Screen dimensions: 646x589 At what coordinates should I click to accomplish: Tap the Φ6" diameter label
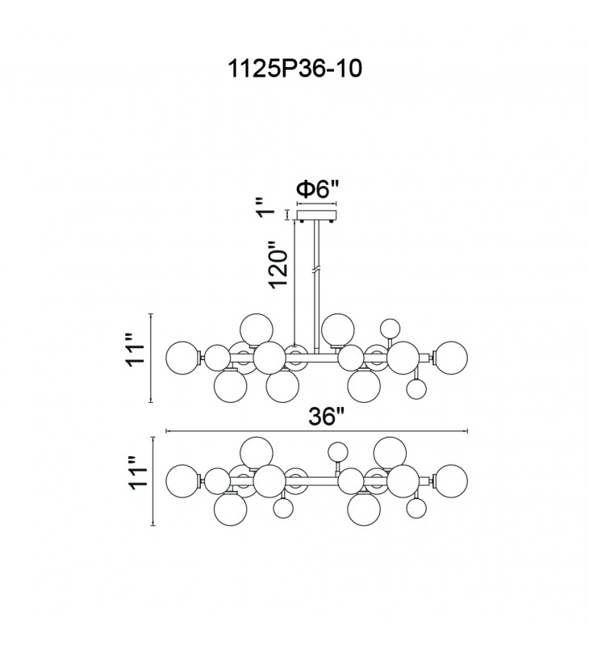(x=317, y=190)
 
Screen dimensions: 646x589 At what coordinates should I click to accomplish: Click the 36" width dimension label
(x=327, y=417)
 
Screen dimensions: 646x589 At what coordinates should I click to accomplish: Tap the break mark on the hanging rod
(x=316, y=266)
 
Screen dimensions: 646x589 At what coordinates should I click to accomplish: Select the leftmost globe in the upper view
(x=182, y=356)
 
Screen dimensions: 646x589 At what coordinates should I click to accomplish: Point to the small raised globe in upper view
(x=391, y=328)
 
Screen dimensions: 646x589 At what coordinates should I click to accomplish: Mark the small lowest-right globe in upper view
(x=416, y=389)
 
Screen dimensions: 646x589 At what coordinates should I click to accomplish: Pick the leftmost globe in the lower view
(x=182, y=481)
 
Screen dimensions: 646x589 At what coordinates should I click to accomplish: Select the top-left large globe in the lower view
(x=257, y=451)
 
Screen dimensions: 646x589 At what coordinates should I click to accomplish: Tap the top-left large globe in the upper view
(x=257, y=327)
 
